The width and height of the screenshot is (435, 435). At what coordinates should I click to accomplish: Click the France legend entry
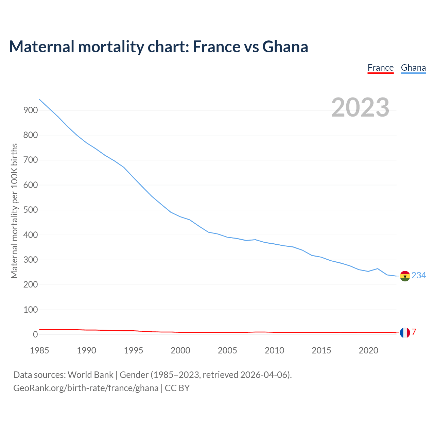(380, 68)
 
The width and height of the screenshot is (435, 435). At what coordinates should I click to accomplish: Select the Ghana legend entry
(413, 68)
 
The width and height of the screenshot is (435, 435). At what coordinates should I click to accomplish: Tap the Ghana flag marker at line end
(405, 276)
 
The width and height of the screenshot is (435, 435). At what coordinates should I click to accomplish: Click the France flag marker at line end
(405, 332)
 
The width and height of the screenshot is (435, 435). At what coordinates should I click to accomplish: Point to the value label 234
(419, 275)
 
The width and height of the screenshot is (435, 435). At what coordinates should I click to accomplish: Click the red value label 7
(414, 332)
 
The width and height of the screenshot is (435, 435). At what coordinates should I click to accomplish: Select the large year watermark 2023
(360, 107)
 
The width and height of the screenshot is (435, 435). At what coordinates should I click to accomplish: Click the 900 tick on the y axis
(31, 110)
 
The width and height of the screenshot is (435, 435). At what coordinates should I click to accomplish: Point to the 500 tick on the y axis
(31, 210)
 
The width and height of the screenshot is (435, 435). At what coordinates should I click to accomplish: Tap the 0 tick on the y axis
(35, 335)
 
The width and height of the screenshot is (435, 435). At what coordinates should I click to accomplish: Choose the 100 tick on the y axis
(31, 310)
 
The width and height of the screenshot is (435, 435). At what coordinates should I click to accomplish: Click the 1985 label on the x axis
(39, 350)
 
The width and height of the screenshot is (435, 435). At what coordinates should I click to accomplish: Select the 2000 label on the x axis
(180, 350)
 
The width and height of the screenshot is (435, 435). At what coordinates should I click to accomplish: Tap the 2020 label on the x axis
(368, 350)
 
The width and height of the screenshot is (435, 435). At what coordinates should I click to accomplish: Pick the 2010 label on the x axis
(274, 350)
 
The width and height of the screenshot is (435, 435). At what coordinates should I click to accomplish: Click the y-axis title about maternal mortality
(14, 211)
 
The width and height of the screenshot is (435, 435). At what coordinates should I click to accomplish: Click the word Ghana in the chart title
(285, 47)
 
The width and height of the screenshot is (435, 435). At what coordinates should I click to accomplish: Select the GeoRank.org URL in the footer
(86, 388)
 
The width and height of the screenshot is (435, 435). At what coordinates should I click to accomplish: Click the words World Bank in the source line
(90, 375)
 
